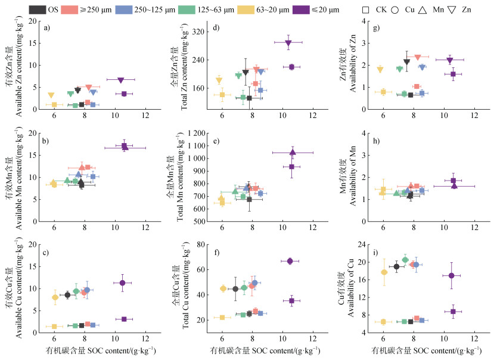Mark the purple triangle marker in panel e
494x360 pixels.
coord(293,153)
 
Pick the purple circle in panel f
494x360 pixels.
coord(290,261)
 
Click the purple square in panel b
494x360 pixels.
coord(124,146)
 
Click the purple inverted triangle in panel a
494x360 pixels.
coord(121,80)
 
